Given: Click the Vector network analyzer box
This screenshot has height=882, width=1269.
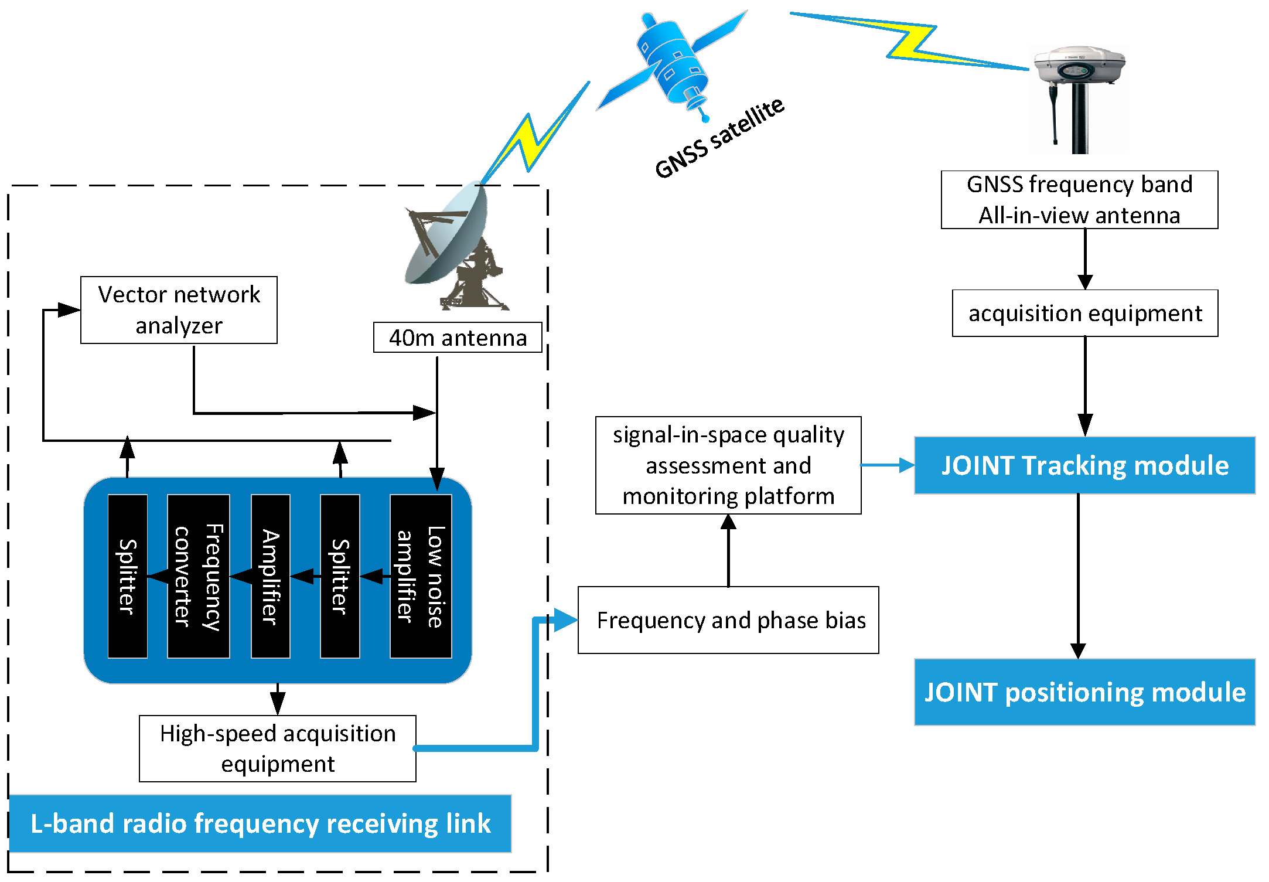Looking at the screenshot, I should (179, 310).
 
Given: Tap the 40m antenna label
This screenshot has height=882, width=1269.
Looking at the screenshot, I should (458, 338).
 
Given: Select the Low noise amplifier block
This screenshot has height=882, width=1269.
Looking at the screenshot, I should (421, 576).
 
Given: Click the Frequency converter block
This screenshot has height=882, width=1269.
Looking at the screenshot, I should (198, 576).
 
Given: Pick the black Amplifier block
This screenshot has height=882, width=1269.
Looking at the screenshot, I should (270, 576).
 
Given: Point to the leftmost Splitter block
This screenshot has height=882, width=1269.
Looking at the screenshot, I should (127, 576).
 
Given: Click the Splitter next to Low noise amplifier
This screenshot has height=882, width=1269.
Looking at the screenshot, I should (340, 576).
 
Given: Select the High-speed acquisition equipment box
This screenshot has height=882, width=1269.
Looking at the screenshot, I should (278, 748).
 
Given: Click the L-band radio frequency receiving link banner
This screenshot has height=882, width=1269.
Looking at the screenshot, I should (260, 823).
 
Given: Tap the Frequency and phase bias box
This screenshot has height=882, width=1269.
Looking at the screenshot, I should (728, 620).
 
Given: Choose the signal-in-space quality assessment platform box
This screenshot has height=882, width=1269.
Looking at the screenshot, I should (728, 465).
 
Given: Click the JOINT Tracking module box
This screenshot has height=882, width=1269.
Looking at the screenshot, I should (1084, 465).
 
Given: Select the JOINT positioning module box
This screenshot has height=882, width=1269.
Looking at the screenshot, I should (1084, 692).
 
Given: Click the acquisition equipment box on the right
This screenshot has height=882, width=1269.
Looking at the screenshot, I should (1085, 314).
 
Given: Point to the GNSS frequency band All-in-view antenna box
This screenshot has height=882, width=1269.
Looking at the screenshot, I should (1079, 200).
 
